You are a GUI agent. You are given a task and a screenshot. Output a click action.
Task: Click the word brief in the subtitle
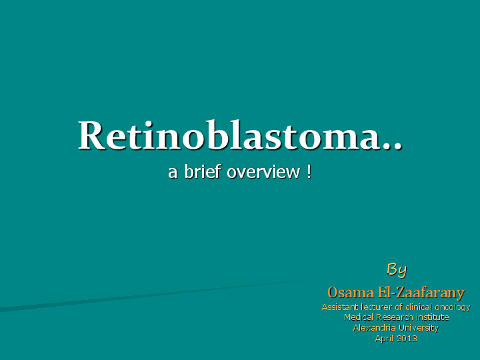pos(203,172)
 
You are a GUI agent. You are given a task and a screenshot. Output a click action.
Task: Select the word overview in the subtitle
pos(264,172)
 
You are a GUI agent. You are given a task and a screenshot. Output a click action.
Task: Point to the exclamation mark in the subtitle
pos(309,171)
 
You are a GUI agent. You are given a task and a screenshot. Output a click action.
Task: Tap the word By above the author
pos(397,269)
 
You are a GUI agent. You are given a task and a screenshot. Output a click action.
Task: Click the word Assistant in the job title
pos(340,307)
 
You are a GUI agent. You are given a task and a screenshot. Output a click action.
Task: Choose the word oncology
pos(453,308)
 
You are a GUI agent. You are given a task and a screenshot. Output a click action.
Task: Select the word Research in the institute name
pos(394,317)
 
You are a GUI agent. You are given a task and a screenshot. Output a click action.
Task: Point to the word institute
pos(431,317)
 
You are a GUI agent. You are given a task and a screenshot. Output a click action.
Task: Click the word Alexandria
pos(375,328)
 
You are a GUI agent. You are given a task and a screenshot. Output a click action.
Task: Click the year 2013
pos(407,339)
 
